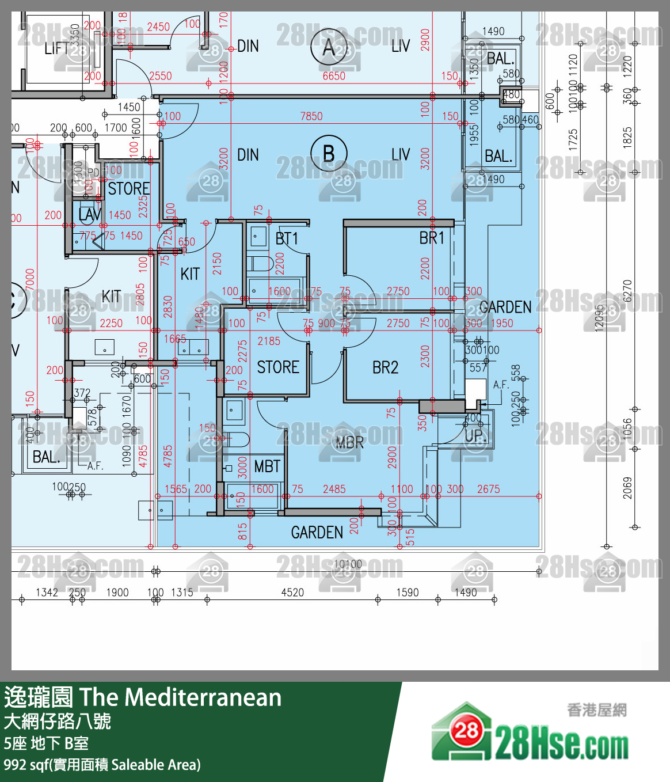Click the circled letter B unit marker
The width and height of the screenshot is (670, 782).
[x=329, y=154]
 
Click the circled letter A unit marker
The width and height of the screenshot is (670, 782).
[x=329, y=47]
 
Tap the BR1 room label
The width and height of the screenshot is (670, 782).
[x=432, y=238]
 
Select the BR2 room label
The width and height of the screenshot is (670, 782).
[x=385, y=367]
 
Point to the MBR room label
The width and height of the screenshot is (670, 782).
[x=349, y=442]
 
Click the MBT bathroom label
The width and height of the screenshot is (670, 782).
[x=267, y=466]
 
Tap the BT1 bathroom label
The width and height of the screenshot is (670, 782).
[x=287, y=238]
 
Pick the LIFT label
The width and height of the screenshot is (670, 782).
[x=56, y=48]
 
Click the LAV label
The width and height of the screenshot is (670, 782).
[x=90, y=215]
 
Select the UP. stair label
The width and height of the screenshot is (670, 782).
[x=475, y=436]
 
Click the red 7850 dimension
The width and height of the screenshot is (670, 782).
[x=311, y=116]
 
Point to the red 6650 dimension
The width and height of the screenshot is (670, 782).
[x=334, y=76]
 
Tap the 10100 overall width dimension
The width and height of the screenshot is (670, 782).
[x=348, y=564]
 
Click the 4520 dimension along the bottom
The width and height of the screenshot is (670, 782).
[x=292, y=593]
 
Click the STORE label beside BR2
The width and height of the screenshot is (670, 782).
[x=277, y=367]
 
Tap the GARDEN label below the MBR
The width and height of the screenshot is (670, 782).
[x=317, y=533]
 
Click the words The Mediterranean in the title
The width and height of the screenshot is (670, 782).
[x=180, y=697]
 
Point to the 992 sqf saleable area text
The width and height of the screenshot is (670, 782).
[x=102, y=765]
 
